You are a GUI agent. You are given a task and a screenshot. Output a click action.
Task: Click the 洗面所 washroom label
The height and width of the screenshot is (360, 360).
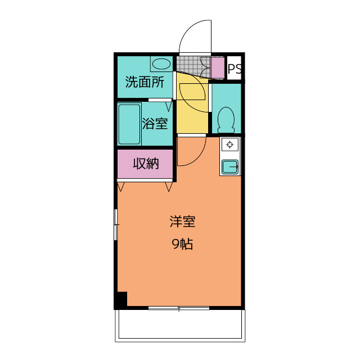pyautogui.click(x=145, y=82)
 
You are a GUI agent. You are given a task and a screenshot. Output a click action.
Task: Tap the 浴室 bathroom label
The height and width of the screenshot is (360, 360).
pyautogui.click(x=155, y=123)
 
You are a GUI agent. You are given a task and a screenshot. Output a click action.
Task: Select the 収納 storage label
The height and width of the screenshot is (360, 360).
pyautogui.click(x=146, y=164)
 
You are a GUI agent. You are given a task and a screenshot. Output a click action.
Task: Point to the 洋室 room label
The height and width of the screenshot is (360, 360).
pyautogui.click(x=182, y=222)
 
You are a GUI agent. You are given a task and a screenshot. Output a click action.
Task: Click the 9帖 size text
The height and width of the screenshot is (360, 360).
pyautogui.click(x=182, y=244)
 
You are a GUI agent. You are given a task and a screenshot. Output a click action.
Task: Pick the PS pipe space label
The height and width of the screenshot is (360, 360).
pyautogui.click(x=235, y=68)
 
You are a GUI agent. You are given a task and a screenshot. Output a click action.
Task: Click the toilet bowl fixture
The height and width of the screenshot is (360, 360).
pyautogui.click(x=226, y=120)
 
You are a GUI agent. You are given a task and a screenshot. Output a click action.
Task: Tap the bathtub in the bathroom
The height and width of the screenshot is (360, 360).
pyautogui.click(x=129, y=124)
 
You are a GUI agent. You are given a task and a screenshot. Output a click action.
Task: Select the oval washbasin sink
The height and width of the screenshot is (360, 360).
pyautogui.click(x=161, y=64)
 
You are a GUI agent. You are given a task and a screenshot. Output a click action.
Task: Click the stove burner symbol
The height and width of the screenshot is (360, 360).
pyautogui.click(x=230, y=145)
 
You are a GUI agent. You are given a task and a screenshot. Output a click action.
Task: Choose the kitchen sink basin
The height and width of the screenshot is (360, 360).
pyautogui.click(x=230, y=167)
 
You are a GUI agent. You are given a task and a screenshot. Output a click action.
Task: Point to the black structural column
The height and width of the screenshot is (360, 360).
pyautogui.click(x=122, y=299)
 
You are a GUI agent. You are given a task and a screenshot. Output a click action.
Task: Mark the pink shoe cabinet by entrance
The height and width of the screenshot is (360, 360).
pyautogui.click(x=218, y=67)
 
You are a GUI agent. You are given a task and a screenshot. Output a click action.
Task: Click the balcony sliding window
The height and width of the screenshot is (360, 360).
pyautogui.click(x=179, y=308)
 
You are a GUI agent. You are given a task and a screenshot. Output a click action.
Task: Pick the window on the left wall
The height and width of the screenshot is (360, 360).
pyautogui.click(x=116, y=224)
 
